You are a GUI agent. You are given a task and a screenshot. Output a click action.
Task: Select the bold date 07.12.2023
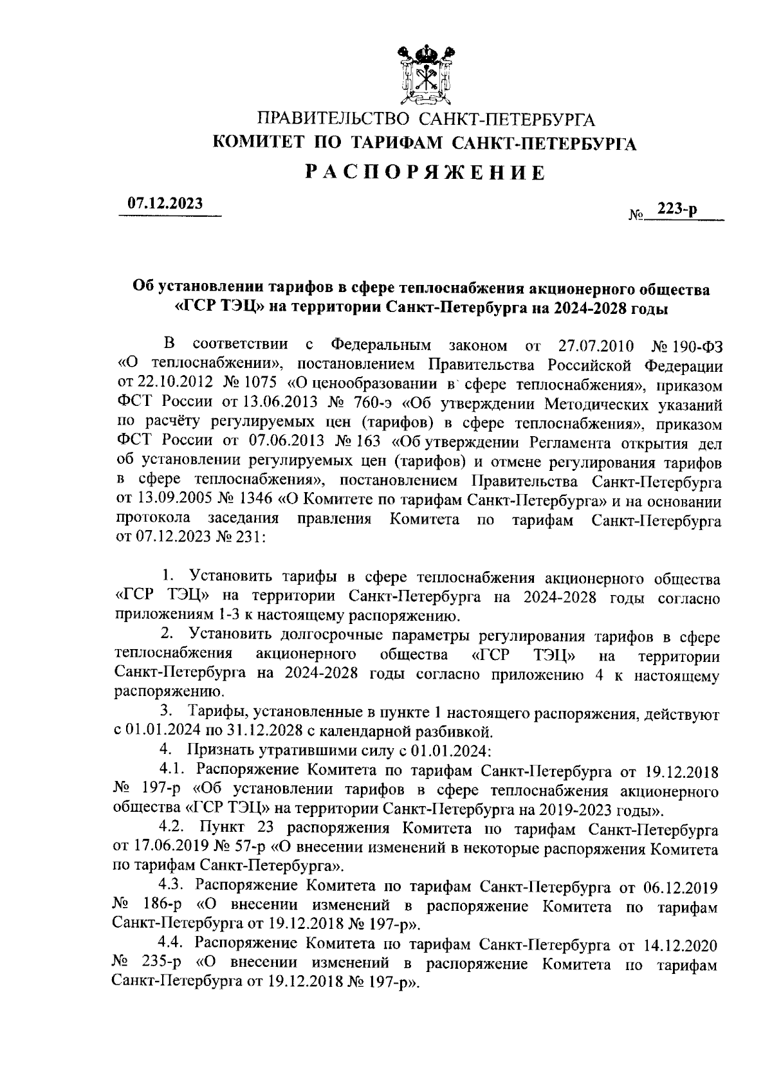(x=165, y=203)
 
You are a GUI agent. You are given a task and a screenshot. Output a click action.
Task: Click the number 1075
(x=259, y=385)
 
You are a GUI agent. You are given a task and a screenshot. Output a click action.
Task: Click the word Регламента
(x=568, y=444)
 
